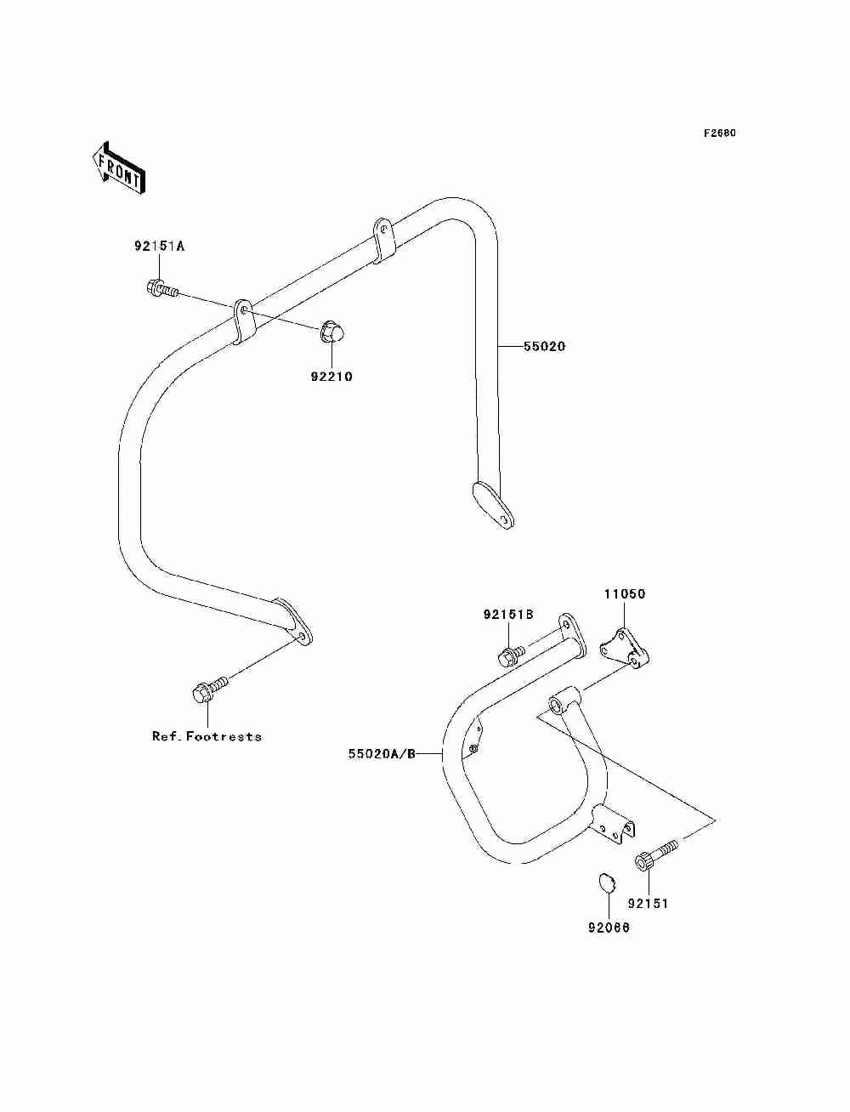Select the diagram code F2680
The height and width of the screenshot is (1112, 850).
tap(719, 133)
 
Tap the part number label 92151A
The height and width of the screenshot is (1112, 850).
tap(159, 247)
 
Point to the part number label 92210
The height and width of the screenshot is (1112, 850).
tap(331, 377)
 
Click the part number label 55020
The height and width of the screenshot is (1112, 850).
tap(544, 347)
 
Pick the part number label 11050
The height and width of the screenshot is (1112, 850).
tap(625, 593)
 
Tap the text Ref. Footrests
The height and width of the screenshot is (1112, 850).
tap(207, 736)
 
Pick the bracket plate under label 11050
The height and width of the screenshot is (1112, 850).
tap(625, 648)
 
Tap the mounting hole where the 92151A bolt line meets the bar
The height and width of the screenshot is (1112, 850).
tap(244, 309)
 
